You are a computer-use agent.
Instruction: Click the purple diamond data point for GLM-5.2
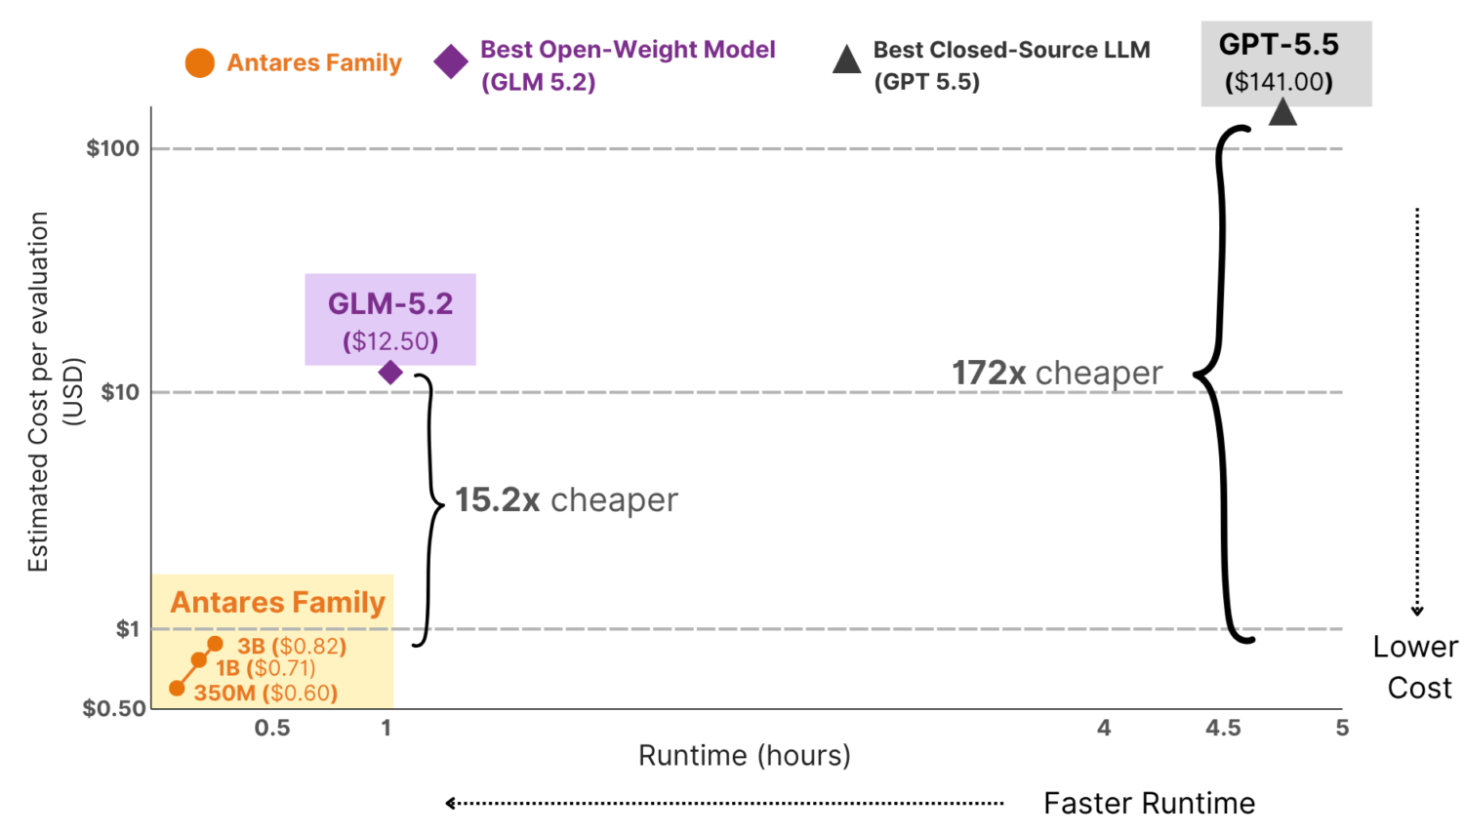(x=390, y=373)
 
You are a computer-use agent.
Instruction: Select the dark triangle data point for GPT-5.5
(x=1282, y=111)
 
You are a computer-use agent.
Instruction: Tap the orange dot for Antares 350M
(x=177, y=688)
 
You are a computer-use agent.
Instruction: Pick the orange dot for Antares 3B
(x=215, y=644)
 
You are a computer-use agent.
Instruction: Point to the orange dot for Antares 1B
(x=199, y=660)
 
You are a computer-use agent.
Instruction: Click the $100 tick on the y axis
(x=112, y=148)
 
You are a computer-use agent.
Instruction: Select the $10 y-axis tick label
(x=120, y=392)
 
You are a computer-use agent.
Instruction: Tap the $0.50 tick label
(x=114, y=708)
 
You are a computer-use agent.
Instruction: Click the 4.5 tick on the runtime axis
(x=1223, y=727)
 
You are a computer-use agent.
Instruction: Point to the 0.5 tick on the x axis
(x=272, y=727)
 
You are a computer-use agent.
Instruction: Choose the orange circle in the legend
(x=199, y=62)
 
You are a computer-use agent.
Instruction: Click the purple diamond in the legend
(x=451, y=62)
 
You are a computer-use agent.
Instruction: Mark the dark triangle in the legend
(x=846, y=59)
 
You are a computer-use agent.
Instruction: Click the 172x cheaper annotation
(x=1057, y=373)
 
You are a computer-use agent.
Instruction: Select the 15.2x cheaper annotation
(x=566, y=499)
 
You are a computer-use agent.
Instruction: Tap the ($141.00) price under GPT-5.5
(x=1279, y=82)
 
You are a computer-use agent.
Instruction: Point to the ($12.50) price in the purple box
(x=390, y=341)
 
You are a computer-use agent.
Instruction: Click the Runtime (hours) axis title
(x=745, y=755)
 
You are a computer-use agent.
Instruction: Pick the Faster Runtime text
(x=1149, y=803)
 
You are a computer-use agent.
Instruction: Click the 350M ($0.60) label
(x=265, y=693)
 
